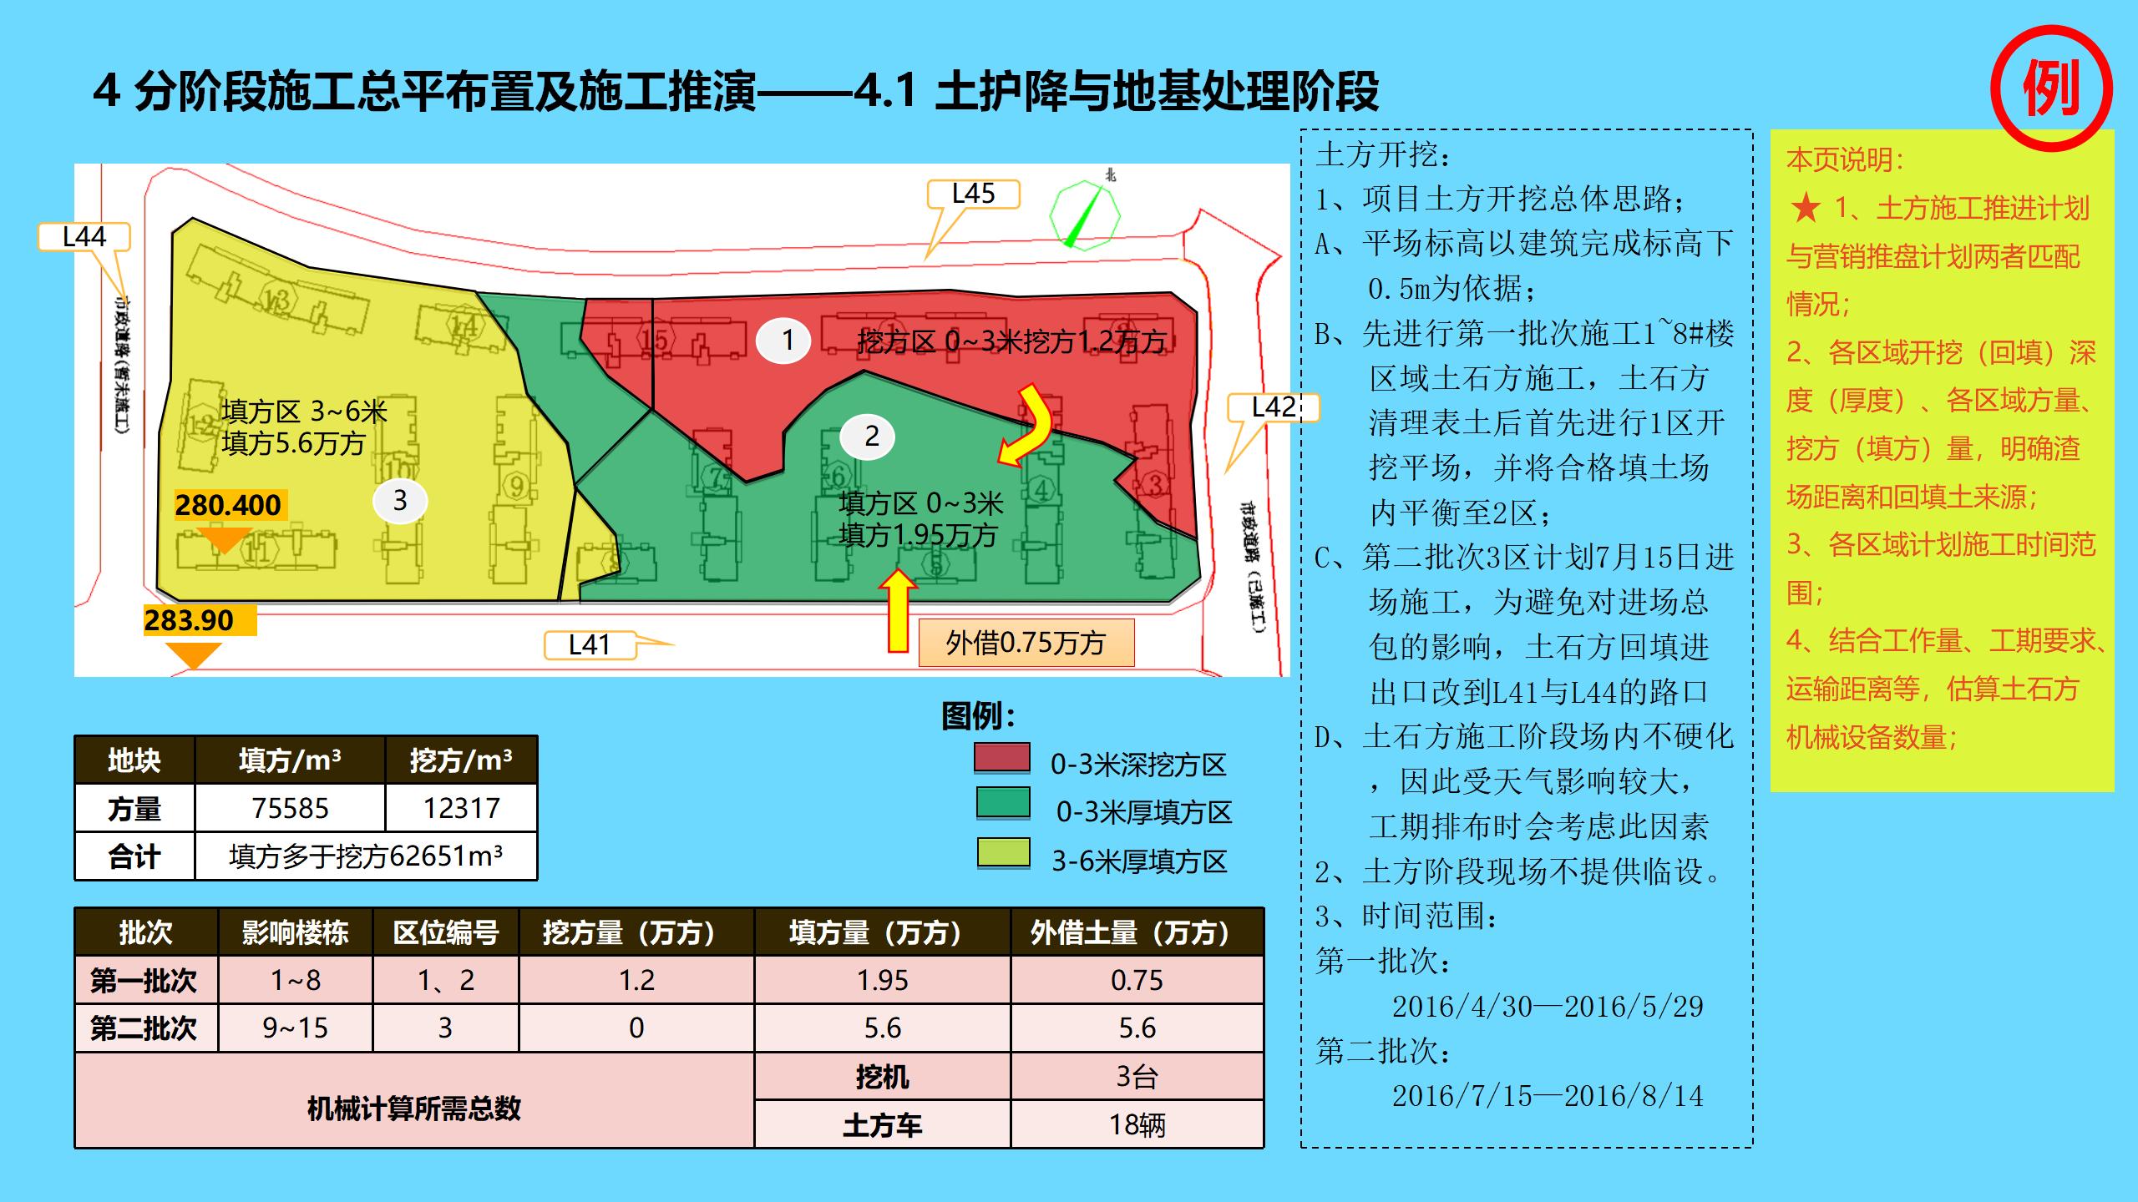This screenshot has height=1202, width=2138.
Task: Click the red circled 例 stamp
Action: pos(2050,88)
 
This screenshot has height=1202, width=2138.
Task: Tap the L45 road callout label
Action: pos(973,194)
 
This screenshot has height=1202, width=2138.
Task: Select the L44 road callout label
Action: pos(84,237)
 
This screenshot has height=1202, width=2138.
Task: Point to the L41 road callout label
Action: pos(590,644)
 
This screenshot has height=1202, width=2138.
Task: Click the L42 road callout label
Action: pos(1272,407)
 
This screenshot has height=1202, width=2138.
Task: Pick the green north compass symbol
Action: pos(1084,215)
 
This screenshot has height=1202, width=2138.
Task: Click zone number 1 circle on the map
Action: pos(787,341)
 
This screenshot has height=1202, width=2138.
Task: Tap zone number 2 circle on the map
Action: pos(871,436)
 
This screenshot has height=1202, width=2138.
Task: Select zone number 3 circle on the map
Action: pos(400,500)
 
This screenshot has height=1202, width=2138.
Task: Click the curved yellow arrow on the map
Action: pos(1029,426)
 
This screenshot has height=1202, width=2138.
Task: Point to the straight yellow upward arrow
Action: pos(898,610)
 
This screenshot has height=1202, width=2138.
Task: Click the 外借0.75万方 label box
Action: pos(1026,643)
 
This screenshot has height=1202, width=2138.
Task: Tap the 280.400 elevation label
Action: pos(228,505)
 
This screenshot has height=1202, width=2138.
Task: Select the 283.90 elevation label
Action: pos(190,620)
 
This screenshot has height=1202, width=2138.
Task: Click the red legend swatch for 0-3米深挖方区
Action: pos(1002,758)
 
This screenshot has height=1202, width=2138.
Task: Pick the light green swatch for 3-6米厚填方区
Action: pos(1003,854)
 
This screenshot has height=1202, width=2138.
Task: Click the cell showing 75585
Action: pos(290,808)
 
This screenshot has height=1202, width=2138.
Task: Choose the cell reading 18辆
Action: pos(1137,1124)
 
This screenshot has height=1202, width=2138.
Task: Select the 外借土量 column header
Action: pos(1137,932)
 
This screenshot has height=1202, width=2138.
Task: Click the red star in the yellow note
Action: pos(1806,208)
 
